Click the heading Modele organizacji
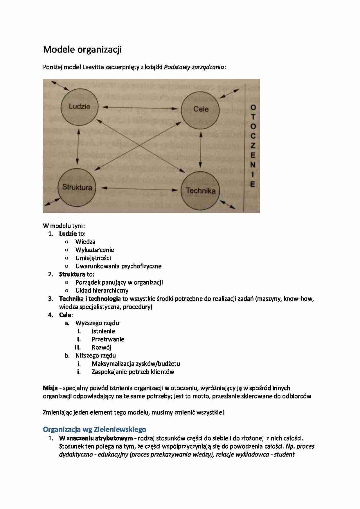(82, 50)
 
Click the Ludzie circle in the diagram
(79, 107)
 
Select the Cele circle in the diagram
(200, 109)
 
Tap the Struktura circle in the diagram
(77, 187)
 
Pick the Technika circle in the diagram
(201, 190)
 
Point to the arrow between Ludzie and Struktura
(78, 147)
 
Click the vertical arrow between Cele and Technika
(201, 149)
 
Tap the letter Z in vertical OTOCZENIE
(253, 145)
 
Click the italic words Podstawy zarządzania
(194, 67)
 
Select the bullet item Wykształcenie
(95, 250)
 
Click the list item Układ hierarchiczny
(102, 290)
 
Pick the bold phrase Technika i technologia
(90, 299)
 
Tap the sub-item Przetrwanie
(108, 339)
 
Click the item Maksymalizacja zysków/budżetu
(136, 364)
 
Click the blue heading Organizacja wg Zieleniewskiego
(94, 429)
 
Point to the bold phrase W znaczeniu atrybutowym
(96, 438)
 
